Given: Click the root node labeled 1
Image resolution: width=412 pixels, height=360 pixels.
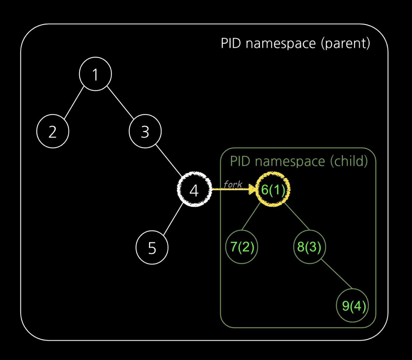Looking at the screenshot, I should point(95,74).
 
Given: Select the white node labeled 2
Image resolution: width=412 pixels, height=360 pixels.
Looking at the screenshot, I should point(53,132).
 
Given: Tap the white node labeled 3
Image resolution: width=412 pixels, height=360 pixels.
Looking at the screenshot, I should point(145,132).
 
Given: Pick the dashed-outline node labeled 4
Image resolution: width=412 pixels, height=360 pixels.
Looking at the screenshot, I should point(194,190).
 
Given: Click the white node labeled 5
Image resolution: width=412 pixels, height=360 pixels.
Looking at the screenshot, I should point(152,248).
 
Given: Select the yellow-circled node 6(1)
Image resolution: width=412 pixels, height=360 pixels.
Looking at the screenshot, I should point(273,190).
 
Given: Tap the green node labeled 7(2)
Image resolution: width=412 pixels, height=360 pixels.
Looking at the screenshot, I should point(242,247).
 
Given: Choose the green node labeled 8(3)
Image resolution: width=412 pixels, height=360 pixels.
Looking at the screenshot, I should point(309,247).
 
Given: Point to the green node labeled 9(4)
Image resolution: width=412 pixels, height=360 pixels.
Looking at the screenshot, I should point(353,305).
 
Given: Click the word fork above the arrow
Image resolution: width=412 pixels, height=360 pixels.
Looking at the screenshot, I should point(233,184).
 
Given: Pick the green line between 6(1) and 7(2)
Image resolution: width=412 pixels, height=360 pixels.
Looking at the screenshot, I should point(251,216).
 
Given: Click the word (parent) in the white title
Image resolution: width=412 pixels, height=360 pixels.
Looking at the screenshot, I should point(345,43).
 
